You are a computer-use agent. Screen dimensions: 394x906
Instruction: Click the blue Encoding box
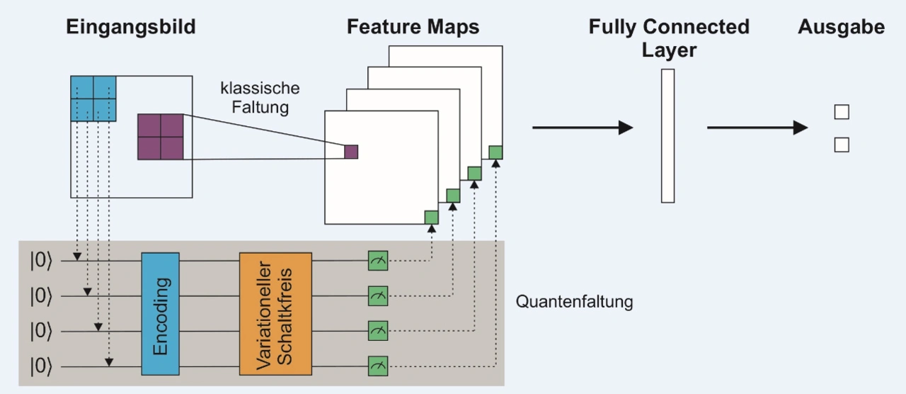[x=161, y=313]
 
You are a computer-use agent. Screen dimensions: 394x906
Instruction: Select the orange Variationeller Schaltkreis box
[x=275, y=313]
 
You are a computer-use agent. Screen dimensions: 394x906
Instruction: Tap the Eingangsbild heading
[x=131, y=28]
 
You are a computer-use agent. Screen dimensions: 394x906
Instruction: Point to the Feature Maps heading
[x=413, y=28]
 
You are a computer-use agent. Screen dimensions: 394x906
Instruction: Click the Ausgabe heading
[x=841, y=28]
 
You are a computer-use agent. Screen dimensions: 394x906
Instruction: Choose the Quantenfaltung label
[x=574, y=302]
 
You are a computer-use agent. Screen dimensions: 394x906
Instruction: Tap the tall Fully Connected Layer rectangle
[x=667, y=136]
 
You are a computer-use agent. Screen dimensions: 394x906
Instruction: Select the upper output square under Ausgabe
[x=842, y=112]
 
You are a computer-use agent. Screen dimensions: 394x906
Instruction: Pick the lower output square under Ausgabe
[x=842, y=145]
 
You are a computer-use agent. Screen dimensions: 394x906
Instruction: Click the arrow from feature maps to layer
[x=582, y=128]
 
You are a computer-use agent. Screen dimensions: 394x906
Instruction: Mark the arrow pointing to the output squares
[x=757, y=128]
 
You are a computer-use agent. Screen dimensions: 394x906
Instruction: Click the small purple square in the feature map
[x=351, y=152]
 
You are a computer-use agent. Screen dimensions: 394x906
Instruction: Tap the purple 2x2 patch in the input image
[x=161, y=137]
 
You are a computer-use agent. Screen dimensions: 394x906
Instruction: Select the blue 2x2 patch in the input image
[x=93, y=98]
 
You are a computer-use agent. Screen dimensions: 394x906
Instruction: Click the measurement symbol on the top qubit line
[x=378, y=261]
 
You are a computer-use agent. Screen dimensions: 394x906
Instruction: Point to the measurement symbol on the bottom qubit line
[x=378, y=366]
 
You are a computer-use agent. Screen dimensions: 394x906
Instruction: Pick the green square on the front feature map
[x=431, y=217]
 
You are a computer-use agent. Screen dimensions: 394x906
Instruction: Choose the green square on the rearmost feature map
[x=495, y=152]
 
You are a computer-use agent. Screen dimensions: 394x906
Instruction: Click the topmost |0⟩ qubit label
[x=41, y=261]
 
